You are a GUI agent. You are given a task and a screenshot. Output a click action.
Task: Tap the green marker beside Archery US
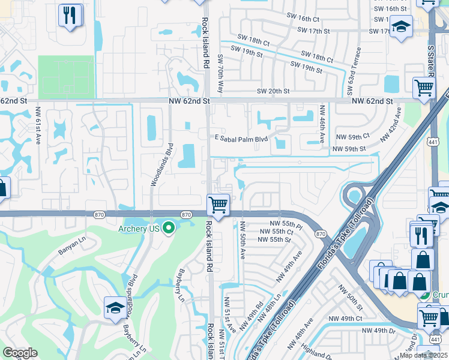pyautogui.click(x=169, y=227)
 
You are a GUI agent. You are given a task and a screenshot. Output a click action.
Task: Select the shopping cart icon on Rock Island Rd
pyautogui.click(x=218, y=205)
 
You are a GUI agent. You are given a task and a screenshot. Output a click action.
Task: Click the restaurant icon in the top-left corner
pyautogui.click(x=71, y=16)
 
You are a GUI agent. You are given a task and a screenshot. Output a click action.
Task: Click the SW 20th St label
pyautogui.click(x=273, y=91)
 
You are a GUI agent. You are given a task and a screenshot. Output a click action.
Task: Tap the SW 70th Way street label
pyautogui.click(x=220, y=73)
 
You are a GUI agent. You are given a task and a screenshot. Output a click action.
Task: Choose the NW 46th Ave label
pyautogui.click(x=322, y=123)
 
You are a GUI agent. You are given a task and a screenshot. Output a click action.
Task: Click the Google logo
pyautogui.click(x=20, y=353)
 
